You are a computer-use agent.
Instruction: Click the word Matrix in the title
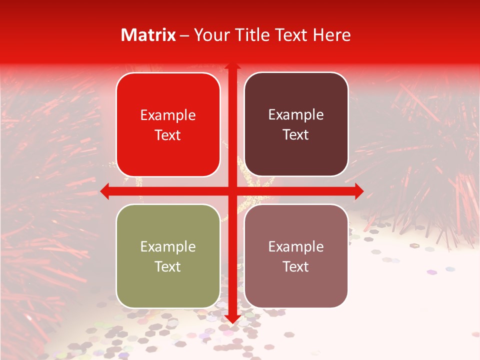click(x=148, y=35)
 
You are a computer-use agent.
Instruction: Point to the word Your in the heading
click(x=209, y=35)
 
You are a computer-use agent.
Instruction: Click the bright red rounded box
click(x=168, y=125)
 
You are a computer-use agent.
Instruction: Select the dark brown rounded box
click(x=296, y=124)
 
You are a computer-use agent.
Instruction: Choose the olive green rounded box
click(x=168, y=256)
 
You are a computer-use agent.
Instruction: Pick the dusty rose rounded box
click(x=296, y=256)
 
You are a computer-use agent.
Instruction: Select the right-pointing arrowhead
click(x=358, y=191)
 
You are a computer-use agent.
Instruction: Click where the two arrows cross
click(x=232, y=191)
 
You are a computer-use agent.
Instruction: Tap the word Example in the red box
click(x=168, y=115)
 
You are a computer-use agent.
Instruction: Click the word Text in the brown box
click(x=296, y=135)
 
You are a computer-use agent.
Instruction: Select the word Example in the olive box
click(x=168, y=246)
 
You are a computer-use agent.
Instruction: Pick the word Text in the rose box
click(x=296, y=266)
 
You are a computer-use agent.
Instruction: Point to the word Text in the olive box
click(x=168, y=266)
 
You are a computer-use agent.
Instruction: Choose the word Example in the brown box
click(x=296, y=115)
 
